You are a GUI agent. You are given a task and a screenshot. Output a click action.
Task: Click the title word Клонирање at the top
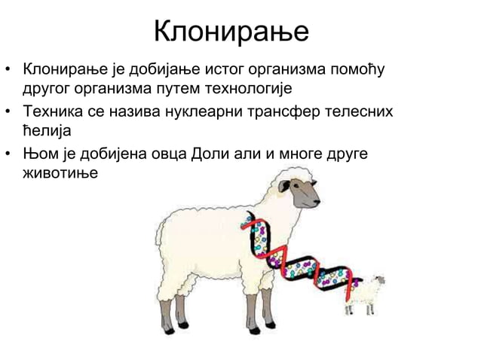tap(231, 32)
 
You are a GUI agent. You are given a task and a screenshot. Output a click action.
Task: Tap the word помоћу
tap(358, 71)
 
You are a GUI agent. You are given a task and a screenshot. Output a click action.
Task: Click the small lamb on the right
tap(365, 294)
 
